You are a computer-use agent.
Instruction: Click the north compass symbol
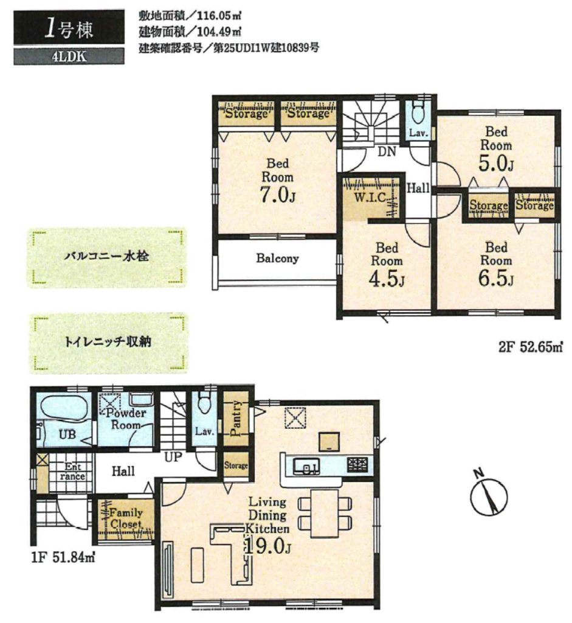coord(489,495)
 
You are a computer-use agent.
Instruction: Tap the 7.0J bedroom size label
coord(277,195)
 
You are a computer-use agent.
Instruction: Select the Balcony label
coord(277,258)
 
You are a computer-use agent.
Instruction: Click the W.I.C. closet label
coord(370,198)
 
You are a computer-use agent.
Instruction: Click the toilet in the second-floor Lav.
coord(417,114)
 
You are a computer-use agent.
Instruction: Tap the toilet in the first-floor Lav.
coord(204,404)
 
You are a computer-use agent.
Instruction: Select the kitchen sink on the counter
coord(306,465)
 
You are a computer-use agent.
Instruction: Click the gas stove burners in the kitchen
coord(357,465)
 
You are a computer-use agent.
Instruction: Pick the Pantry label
coord(236,419)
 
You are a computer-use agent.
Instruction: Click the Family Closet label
coord(125,518)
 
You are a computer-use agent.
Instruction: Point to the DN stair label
coord(386,151)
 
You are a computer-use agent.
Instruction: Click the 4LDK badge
coord(69,57)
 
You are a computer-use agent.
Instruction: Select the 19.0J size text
coord(267,547)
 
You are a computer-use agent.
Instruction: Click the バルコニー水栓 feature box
coord(106,257)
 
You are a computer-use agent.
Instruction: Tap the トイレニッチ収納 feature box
coord(108,343)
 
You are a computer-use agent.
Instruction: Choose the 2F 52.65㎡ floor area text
coord(530,347)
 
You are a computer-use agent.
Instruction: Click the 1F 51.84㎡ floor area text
coord(63,558)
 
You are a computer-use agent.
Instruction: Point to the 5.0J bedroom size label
coord(496,163)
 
